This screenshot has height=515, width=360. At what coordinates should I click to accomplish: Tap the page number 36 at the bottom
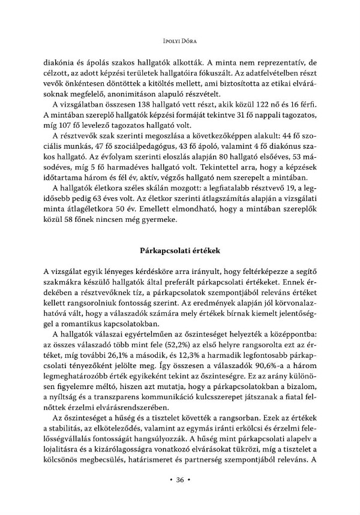coord(180,480)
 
